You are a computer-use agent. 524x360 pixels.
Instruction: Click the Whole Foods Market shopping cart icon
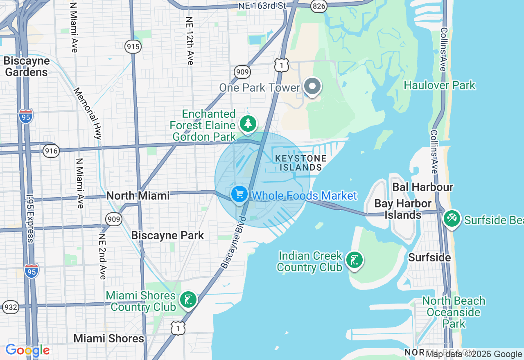click(x=239, y=194)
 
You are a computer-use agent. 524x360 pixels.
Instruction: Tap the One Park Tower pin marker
click(x=313, y=87)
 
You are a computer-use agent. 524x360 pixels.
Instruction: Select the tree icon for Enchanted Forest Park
click(x=248, y=123)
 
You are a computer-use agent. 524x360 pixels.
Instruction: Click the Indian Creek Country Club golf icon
click(x=354, y=260)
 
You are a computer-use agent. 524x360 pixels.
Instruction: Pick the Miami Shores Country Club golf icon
click(x=188, y=300)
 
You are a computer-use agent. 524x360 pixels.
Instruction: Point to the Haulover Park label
click(x=440, y=85)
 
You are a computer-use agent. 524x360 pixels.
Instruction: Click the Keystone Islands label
click(x=301, y=163)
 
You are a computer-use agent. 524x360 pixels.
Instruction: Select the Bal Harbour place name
click(x=422, y=187)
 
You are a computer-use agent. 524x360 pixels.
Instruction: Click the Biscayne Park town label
click(x=167, y=236)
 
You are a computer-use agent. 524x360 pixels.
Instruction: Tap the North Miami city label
click(x=138, y=196)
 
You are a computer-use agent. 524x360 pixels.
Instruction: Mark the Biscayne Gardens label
click(x=26, y=67)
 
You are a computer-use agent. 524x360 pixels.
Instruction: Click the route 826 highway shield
click(x=318, y=5)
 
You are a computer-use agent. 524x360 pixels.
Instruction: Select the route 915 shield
click(x=133, y=47)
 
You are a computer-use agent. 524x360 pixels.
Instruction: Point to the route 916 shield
click(x=51, y=151)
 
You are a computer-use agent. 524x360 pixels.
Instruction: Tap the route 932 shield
click(x=10, y=307)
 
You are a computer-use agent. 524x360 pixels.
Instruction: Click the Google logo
click(x=27, y=350)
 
